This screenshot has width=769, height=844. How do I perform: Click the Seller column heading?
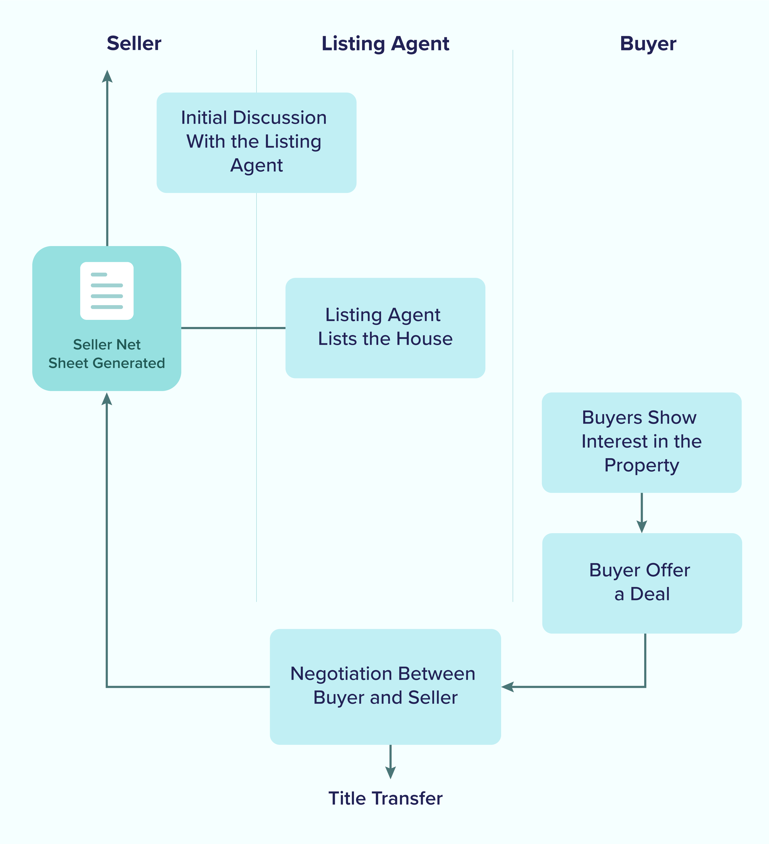[134, 43]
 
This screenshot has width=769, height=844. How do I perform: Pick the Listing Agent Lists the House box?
[385, 328]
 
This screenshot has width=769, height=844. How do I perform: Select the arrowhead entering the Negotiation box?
[507, 687]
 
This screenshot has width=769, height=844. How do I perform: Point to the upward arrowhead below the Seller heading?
[107, 76]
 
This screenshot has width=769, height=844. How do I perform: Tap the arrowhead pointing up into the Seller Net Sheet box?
[107, 399]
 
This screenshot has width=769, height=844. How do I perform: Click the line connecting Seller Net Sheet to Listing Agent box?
[233, 328]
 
